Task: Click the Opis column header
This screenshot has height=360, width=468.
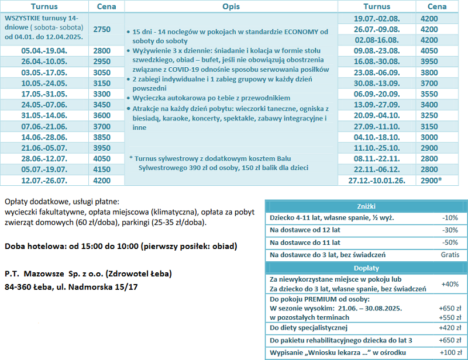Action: tap(231, 6)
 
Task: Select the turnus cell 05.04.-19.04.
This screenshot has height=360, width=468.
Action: tap(44, 51)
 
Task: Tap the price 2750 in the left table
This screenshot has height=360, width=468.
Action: tap(102, 29)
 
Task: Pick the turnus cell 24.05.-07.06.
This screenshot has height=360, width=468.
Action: tap(44, 104)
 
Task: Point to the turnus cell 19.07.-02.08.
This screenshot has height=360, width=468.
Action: tap(377, 19)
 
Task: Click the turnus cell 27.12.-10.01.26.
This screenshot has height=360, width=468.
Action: tap(377, 181)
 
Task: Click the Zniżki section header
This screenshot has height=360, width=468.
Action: tap(366, 206)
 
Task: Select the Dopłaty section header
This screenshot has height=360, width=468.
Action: tap(366, 268)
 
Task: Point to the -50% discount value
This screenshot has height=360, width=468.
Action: tap(450, 242)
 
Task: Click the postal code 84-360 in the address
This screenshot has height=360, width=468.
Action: tap(21, 287)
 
